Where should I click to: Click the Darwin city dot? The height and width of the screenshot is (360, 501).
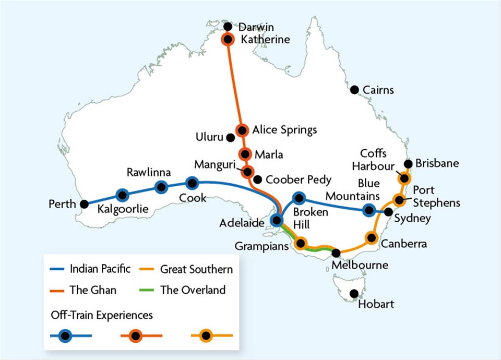[x=228, y=27]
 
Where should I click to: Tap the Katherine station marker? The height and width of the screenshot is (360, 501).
[x=228, y=39]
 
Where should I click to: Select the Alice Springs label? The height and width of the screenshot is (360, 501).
[x=285, y=130]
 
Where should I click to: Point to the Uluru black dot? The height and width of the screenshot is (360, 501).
[x=230, y=138]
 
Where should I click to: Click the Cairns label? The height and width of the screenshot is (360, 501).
[x=379, y=90]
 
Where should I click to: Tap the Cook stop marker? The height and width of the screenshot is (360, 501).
[x=192, y=183]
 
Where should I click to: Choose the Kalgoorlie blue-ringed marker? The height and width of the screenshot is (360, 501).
[x=123, y=195]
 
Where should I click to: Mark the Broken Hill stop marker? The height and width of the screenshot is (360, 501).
[x=299, y=198]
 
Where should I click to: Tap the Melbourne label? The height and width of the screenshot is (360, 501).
[x=360, y=265]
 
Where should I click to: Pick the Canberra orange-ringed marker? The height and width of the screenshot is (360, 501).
[x=372, y=238]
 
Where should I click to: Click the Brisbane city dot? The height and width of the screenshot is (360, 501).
[x=408, y=163]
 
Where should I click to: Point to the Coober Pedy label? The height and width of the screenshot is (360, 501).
[x=298, y=180]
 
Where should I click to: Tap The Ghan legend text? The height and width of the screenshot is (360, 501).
[x=93, y=290]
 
